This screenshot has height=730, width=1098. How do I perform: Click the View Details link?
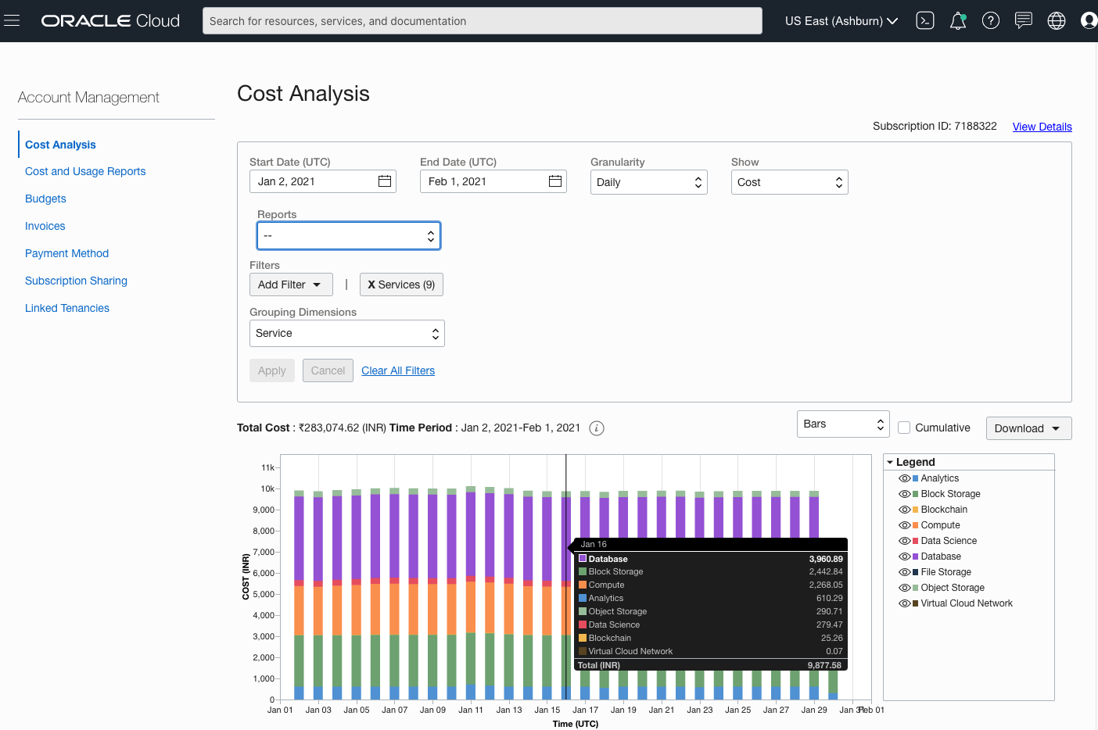click(1042, 127)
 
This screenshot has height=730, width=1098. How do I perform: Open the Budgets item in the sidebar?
click(45, 199)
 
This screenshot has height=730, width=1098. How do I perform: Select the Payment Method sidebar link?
click(66, 253)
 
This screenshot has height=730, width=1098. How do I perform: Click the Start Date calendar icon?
click(385, 181)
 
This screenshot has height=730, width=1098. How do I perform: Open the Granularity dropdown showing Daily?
click(648, 182)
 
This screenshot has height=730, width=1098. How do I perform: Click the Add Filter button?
click(290, 284)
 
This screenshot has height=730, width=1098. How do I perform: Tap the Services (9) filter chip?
click(401, 284)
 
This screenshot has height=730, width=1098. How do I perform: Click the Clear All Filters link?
click(398, 370)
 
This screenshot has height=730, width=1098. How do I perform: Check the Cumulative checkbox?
click(904, 428)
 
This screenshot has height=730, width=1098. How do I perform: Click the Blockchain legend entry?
click(944, 510)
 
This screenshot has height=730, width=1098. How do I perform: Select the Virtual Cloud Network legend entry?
click(966, 603)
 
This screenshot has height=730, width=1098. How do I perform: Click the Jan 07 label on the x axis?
click(394, 710)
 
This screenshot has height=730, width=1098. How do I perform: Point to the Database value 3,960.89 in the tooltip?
click(826, 559)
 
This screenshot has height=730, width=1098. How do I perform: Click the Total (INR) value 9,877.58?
click(824, 665)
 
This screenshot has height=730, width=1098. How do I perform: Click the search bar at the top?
click(482, 21)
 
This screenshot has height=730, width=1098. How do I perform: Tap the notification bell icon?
click(957, 21)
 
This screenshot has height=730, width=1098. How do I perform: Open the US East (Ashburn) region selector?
click(841, 21)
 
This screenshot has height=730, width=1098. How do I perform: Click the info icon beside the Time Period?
click(597, 428)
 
